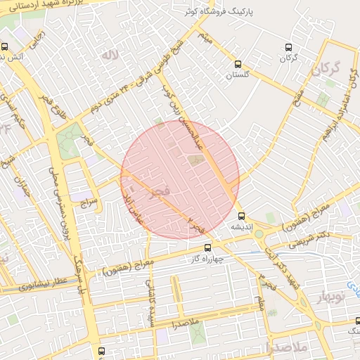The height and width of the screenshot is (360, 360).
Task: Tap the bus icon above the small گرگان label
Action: [x=288, y=47]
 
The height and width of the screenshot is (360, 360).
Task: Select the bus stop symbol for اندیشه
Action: [x=242, y=216]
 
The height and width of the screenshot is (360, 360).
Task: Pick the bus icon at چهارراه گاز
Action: [x=207, y=247]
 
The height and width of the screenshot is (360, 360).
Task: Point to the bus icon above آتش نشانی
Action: [x=6, y=46]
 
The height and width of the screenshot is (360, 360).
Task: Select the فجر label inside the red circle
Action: [x=160, y=191]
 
